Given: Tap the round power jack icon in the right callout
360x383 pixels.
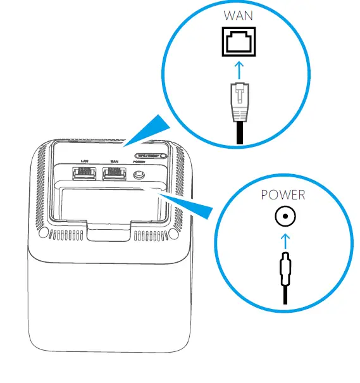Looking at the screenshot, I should tap(284, 218).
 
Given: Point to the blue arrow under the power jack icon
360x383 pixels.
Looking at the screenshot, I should tap(284, 240).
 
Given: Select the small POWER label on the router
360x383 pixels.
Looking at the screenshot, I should tap(138, 161).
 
